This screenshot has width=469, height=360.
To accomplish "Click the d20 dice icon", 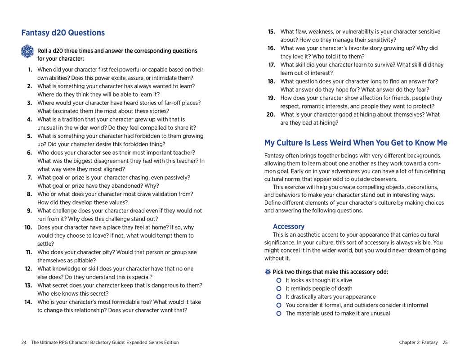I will click(x=27, y=51).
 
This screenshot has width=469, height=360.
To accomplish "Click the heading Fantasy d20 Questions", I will click(x=63, y=33).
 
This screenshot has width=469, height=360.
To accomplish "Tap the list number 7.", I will click(x=30, y=178).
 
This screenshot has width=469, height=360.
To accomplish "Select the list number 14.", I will click(x=28, y=302).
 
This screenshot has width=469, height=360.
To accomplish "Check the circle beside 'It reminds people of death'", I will click(x=279, y=288).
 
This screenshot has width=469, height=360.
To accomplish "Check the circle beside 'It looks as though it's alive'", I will click(x=279, y=280).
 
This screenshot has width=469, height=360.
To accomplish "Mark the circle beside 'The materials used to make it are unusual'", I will click(x=279, y=314).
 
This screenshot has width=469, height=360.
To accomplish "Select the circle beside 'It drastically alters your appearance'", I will click(x=279, y=297).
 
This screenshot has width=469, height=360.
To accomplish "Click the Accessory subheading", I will click(x=289, y=226).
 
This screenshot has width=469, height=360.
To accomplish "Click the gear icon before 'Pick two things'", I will click(x=268, y=272).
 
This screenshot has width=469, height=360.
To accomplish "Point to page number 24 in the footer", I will click(x=24, y=342).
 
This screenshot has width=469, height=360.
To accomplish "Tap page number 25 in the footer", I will click(x=445, y=342).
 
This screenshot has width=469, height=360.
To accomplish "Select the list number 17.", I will click(x=272, y=65).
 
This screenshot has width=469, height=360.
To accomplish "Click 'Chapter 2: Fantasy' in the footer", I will click(x=418, y=342).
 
